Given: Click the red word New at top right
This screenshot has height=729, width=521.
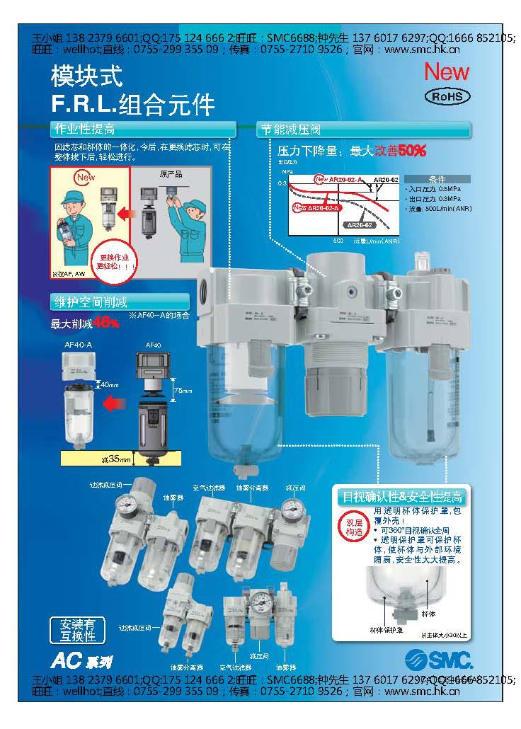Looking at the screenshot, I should tap(446, 71).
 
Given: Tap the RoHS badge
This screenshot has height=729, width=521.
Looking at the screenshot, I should tap(446, 97).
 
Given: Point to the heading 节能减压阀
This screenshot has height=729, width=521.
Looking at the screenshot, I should tap(291, 130).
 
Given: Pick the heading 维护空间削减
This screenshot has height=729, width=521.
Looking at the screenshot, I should tap(92, 301).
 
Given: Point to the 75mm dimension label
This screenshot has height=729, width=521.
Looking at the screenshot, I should tap(182, 390).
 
